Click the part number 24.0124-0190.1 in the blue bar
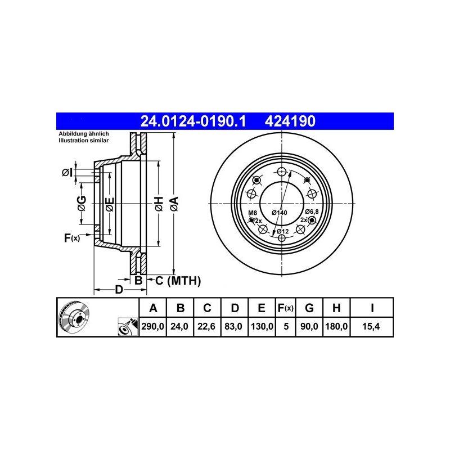193,121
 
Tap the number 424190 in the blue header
290,121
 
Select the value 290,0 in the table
152,326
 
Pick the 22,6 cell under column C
206,326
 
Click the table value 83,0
233,326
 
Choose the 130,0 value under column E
262,326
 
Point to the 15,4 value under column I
371,326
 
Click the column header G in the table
309,308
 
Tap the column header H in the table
336,308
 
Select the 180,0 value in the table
336,326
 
